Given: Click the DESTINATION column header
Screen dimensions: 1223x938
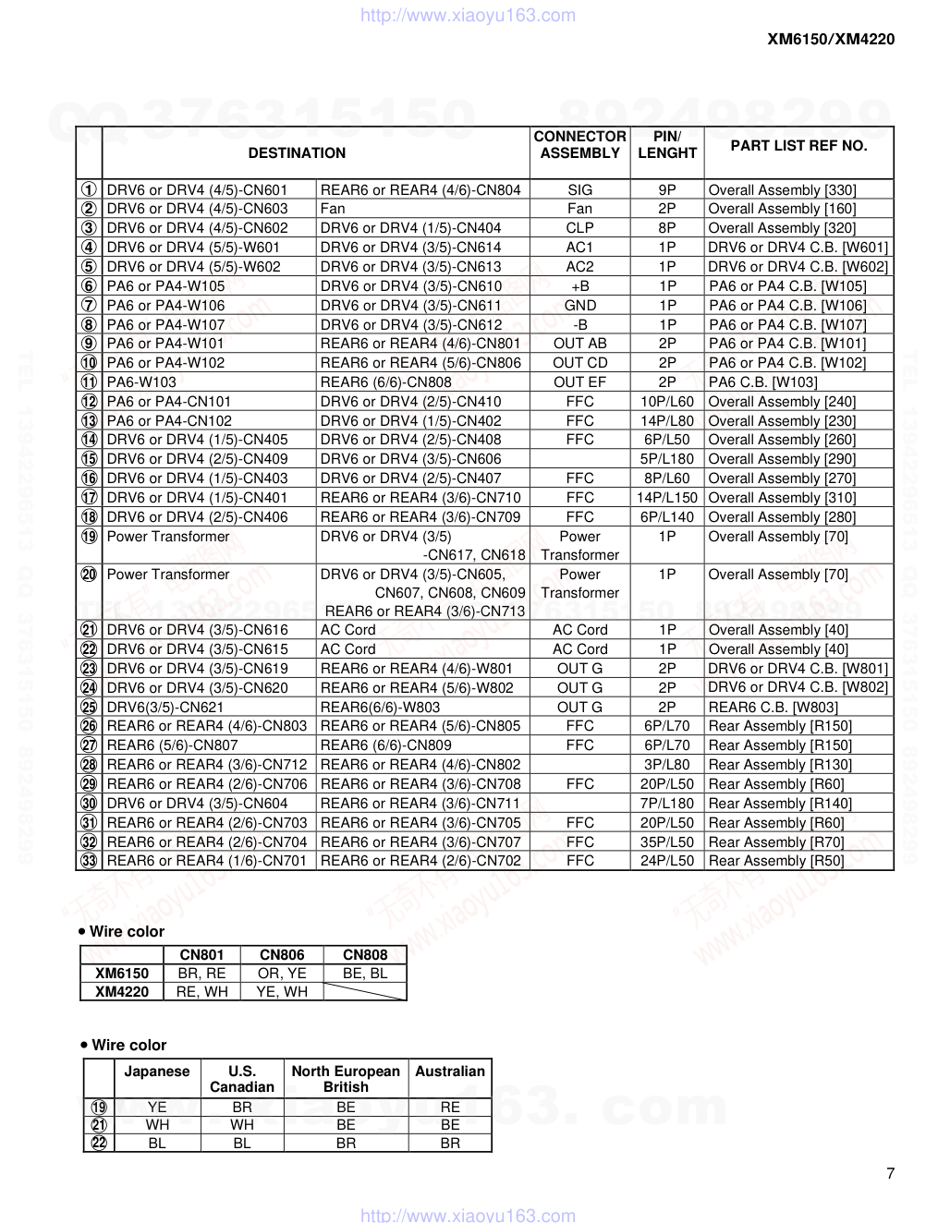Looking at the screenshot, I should point(297,153).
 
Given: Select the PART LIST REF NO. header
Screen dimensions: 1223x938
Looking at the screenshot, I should point(798,146).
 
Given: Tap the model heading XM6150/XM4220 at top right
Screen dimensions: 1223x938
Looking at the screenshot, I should point(830,39).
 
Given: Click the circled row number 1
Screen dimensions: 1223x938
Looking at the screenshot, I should point(89,190).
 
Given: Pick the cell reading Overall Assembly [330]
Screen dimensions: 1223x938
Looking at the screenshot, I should point(782,190).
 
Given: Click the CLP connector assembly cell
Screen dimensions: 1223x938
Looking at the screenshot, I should point(579,228).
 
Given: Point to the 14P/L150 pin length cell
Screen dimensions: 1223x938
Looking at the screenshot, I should point(667,498).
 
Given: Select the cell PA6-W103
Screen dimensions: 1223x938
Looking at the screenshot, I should point(141,382).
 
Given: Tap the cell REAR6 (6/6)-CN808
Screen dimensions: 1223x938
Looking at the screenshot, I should point(386,382).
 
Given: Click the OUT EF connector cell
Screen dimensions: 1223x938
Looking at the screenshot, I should point(579,382).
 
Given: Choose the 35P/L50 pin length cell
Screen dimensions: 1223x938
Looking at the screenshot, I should point(667,842).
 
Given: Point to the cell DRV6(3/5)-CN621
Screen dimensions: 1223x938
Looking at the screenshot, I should point(165,708).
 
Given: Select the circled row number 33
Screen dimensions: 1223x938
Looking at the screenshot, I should point(89,861).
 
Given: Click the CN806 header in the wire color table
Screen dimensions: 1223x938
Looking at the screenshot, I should point(282,955).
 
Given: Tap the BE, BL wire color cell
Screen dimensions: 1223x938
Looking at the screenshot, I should point(365,974).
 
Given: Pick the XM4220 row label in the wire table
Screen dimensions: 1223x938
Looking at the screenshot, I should point(122,992).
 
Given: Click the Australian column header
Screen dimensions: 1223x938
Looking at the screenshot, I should point(450,1072).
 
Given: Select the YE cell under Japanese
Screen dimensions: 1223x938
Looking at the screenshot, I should point(157,1108).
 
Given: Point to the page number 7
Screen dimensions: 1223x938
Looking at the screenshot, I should point(890,1174).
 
